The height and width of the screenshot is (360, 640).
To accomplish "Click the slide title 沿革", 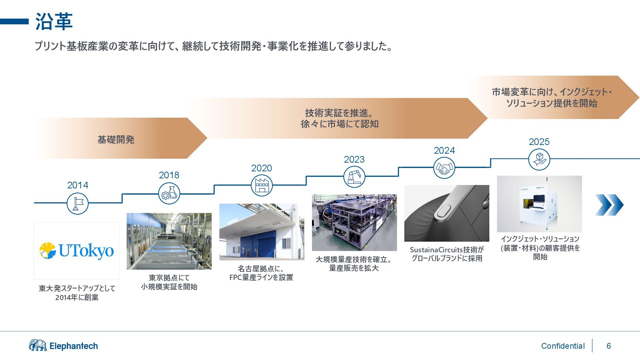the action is click(x=54, y=22).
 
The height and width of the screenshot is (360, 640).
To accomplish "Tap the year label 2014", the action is click(x=78, y=185).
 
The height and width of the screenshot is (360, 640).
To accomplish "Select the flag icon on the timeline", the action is click(x=77, y=203).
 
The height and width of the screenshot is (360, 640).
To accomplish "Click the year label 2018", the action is click(x=169, y=175).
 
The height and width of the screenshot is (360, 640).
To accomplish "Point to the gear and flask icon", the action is click(x=169, y=194).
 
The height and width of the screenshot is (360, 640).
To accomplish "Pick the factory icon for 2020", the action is click(x=262, y=185).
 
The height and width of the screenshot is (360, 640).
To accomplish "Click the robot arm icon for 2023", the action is click(x=354, y=177).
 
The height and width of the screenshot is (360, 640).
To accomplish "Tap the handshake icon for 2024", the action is click(x=444, y=168).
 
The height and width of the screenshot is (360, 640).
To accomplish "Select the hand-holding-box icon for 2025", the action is click(x=539, y=159).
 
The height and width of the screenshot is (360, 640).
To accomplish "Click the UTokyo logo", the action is click(x=77, y=251).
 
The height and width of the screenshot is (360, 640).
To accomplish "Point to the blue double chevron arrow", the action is click(x=609, y=205).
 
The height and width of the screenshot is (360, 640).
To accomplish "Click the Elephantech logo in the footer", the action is click(x=63, y=346).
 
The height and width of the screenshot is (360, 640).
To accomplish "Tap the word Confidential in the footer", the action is click(x=563, y=346).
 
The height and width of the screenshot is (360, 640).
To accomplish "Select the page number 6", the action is click(x=609, y=346).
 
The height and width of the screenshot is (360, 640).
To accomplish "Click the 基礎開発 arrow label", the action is click(x=116, y=139).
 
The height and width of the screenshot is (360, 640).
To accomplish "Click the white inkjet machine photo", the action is click(x=539, y=204).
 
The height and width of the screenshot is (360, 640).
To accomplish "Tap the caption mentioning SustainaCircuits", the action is click(x=447, y=254).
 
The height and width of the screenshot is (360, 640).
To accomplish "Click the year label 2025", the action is click(x=539, y=142).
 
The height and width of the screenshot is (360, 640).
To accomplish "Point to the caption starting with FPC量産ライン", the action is click(x=261, y=277).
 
